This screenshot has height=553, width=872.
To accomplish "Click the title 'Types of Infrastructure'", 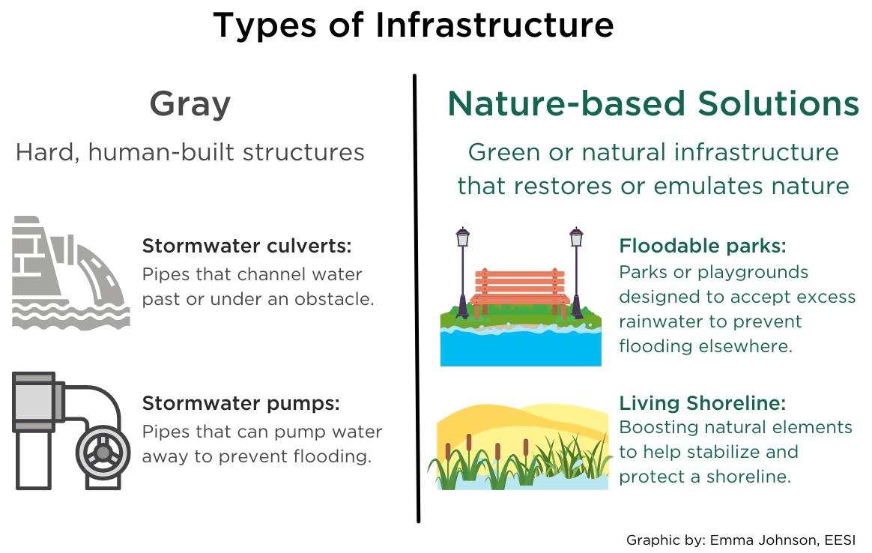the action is tap(414, 25).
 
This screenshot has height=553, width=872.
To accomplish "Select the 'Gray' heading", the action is tap(190, 105).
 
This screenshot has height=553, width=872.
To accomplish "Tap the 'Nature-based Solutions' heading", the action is tap(653, 103).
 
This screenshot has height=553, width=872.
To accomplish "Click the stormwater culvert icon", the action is tap(70, 273).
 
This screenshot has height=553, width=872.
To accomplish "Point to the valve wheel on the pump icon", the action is tap(103, 453).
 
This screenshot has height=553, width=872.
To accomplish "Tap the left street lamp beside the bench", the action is tap(463, 273).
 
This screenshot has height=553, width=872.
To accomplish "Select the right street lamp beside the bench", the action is tap(577, 273).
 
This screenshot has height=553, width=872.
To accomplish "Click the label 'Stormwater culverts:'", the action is tap(247, 245).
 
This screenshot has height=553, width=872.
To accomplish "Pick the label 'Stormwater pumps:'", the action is tap(240, 403).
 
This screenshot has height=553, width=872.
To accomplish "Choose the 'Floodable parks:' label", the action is tap(703, 245).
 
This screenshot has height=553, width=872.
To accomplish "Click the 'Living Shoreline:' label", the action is tap(703, 403).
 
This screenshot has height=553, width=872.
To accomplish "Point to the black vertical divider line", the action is tap(417, 298).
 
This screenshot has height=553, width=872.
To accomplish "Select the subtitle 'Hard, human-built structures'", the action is tap(190, 152).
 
